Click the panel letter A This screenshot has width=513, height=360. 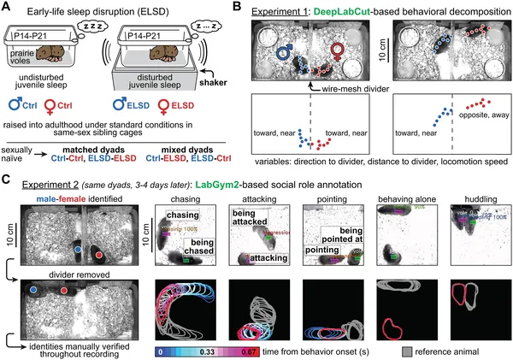pos(7,8)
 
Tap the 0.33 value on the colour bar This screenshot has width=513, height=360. pos(230,351)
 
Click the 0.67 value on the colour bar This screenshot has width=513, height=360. pos(286,351)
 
